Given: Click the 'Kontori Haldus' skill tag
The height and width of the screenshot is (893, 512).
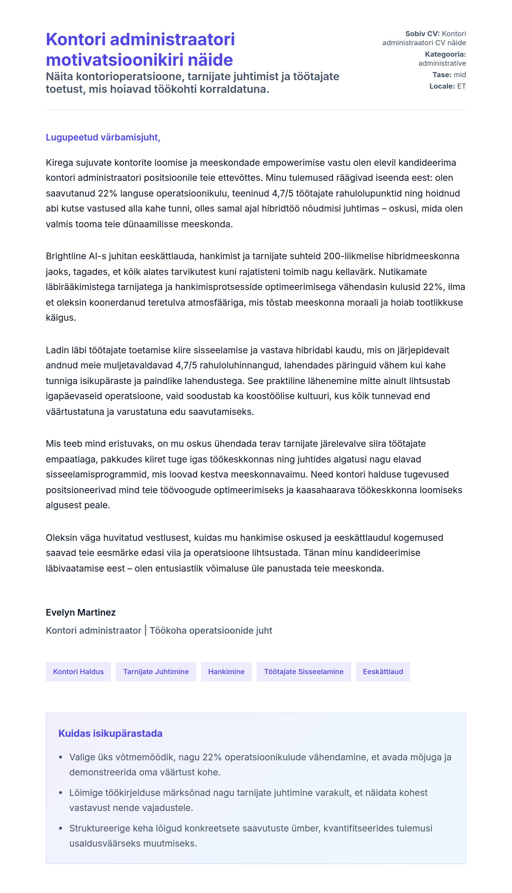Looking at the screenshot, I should click(x=78, y=672).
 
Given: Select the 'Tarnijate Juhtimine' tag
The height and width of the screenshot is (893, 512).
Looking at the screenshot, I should click(x=156, y=672).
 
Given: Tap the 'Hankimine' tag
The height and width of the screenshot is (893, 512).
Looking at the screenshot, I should click(x=226, y=672).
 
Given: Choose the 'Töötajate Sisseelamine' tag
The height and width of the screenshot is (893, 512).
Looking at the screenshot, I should click(x=304, y=672).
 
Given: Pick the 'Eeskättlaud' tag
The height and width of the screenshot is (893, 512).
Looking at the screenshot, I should click(x=382, y=672).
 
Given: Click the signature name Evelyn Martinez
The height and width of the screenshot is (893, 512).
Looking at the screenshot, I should click(x=80, y=612).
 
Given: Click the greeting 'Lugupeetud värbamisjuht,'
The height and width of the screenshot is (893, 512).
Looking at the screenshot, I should click(x=103, y=137).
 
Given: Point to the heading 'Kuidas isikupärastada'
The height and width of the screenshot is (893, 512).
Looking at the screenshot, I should click(x=110, y=734).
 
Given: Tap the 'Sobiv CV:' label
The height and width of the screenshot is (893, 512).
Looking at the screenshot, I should click(x=422, y=34).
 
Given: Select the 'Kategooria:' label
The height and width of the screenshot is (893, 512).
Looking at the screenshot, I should click(x=445, y=54).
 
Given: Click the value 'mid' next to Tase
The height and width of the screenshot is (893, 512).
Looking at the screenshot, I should click(x=460, y=75).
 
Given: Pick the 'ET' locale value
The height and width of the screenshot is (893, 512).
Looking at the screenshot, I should click(x=461, y=86).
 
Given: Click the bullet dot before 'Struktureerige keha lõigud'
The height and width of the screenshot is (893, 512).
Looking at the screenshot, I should click(x=61, y=828).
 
